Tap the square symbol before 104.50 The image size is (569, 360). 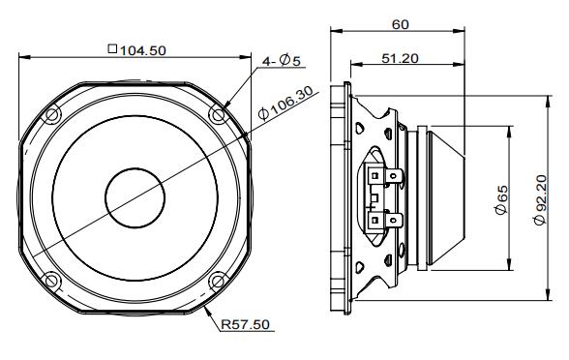pos(113,49)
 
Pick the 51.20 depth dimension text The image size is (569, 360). pos(399,58)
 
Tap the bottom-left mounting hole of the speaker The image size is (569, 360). pos(52,281)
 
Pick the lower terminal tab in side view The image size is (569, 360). pos(391,220)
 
